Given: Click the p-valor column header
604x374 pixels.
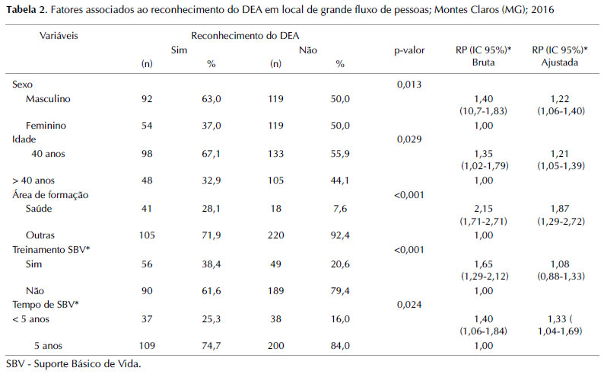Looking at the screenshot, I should tap(409, 50).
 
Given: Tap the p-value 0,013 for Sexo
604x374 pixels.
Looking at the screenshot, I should tap(409, 85).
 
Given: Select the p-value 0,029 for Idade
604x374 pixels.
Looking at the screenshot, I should tap(409, 140).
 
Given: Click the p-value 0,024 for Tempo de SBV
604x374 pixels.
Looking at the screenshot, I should tap(409, 304).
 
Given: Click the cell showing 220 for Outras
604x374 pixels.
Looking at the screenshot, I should tap(275, 236).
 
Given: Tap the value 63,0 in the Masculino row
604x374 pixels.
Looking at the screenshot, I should tap(212, 99).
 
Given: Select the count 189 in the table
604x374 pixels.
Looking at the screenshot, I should tap(275, 290).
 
